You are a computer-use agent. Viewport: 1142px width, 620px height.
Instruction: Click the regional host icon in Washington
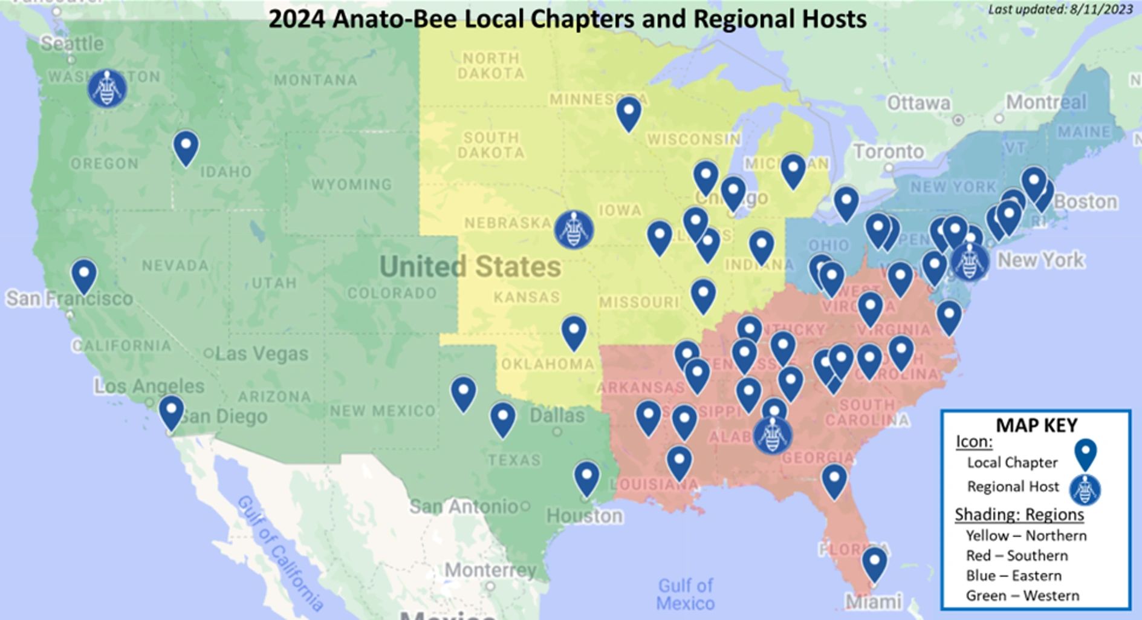[x=107, y=88]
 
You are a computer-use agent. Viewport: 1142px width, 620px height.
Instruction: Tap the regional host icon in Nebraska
[x=574, y=229]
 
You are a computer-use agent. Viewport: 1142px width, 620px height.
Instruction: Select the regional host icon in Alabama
[x=773, y=434]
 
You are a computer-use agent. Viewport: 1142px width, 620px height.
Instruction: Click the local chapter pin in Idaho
[x=186, y=147]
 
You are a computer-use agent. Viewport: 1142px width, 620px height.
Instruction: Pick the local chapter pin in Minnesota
[x=629, y=113]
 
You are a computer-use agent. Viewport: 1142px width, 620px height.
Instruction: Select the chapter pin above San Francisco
[x=84, y=275]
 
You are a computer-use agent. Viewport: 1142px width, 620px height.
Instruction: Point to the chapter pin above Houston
[x=586, y=477]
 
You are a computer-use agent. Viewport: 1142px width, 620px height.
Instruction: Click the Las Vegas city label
[x=261, y=353]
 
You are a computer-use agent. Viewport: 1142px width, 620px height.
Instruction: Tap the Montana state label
[x=315, y=80]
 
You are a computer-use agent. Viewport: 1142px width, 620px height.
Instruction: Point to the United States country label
[x=470, y=266]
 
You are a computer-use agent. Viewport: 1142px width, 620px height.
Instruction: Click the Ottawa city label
[x=918, y=103]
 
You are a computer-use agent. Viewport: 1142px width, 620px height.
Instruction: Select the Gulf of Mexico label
[x=685, y=594]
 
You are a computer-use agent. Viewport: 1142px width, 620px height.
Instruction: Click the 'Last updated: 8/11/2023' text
[x=1060, y=9]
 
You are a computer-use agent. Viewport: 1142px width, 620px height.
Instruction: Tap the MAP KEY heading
[x=1036, y=425]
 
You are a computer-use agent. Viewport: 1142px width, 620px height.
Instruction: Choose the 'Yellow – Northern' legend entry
[x=1026, y=535]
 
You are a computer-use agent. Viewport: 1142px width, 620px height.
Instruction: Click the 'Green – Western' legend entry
[x=1022, y=595]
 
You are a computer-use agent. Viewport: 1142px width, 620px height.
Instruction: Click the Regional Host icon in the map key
[x=1085, y=489]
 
